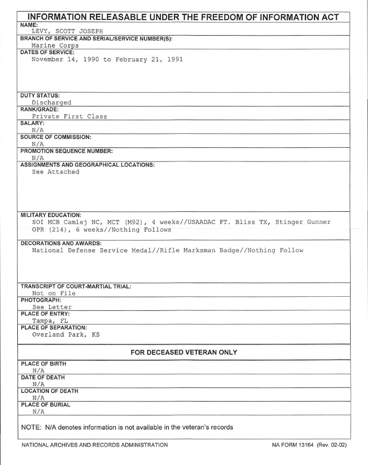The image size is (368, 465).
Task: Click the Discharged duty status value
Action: point(51,103)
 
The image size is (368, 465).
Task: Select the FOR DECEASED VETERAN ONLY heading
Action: point(183,352)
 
